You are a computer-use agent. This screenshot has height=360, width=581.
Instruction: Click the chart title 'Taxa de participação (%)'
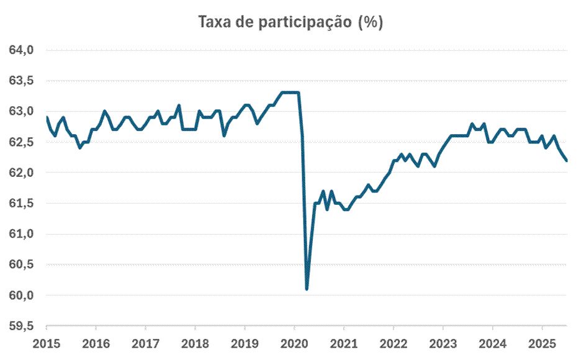(290, 22)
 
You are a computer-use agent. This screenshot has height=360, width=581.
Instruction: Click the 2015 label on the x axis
(47, 343)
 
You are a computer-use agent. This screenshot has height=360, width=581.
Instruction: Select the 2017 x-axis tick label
(145, 343)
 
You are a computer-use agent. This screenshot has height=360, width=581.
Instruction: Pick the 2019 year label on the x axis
(245, 343)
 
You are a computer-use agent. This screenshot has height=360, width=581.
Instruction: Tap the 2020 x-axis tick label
(294, 343)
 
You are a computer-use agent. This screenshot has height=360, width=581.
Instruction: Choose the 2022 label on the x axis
(394, 343)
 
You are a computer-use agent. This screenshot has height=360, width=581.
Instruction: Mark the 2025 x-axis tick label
(542, 343)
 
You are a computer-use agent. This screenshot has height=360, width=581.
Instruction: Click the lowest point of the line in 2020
(307, 289)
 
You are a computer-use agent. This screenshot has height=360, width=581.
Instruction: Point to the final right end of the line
(566, 161)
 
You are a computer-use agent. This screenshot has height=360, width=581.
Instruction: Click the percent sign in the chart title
(370, 22)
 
